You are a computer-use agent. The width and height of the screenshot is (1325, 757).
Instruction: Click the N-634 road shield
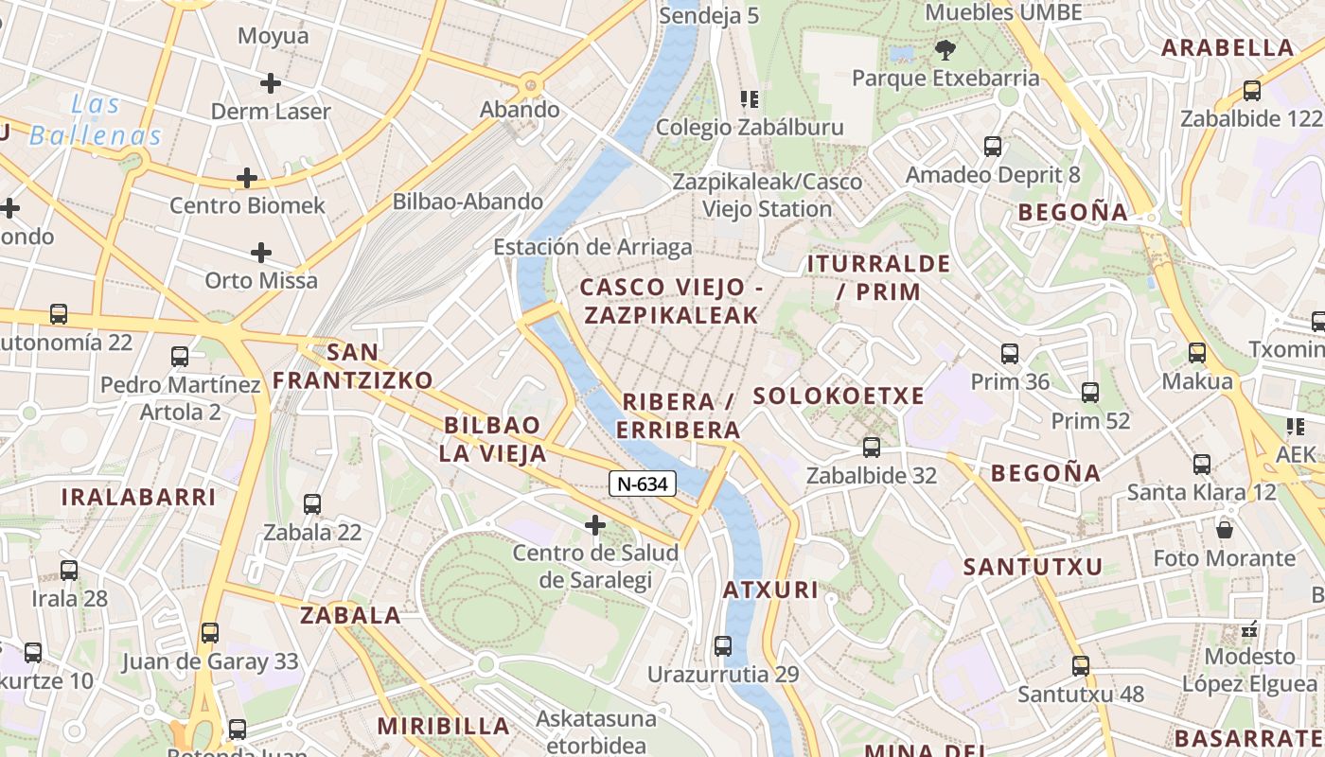point(643,484)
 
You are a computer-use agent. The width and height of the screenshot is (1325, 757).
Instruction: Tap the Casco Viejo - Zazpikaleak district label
point(670,301)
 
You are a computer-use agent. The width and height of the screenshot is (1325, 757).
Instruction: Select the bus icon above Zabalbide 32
point(872,447)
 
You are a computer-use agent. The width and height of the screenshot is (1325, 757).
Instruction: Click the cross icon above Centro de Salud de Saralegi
point(595,524)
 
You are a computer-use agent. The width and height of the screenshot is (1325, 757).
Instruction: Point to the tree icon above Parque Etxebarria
point(945,49)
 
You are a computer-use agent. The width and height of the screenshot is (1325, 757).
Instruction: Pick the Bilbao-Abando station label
point(468,202)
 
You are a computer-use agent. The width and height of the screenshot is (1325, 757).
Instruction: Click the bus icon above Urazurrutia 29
point(723,646)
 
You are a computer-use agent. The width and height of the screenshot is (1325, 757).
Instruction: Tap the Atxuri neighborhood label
point(770,590)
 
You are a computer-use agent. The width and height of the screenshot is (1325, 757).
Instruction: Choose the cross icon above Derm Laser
point(271,83)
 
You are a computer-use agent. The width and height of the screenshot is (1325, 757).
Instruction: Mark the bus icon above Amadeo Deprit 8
point(993,147)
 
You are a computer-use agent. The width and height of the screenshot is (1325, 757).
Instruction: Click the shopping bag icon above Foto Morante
point(1225,530)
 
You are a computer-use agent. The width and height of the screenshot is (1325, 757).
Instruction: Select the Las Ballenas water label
point(96,120)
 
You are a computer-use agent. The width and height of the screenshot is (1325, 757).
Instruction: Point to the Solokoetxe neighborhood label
point(838,396)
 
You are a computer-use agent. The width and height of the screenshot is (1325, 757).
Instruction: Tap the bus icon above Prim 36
point(1010,354)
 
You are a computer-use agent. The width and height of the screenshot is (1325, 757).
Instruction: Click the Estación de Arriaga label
point(592,247)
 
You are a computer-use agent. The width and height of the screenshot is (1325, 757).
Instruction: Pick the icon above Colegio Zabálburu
point(750,99)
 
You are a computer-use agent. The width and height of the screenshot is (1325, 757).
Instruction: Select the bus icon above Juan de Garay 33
point(210,633)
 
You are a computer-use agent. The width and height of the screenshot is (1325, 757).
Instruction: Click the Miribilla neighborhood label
point(444,727)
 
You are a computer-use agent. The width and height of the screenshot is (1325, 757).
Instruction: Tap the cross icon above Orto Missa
point(261,253)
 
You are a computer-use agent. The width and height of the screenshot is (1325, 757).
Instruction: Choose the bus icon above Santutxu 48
point(1081,665)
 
